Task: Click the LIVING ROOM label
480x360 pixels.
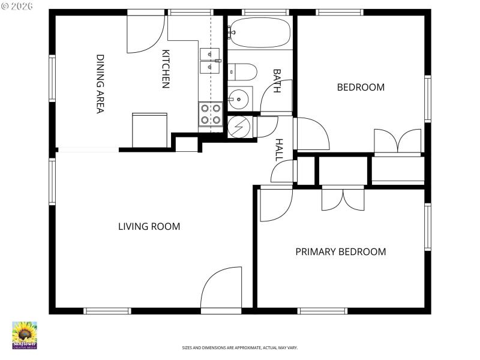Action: point(149,227)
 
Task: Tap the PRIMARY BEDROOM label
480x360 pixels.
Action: point(340,252)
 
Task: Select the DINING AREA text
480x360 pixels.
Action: point(101,83)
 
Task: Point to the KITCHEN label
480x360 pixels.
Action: point(166,69)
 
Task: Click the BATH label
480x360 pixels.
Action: point(277,80)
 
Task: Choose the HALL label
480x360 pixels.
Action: point(279,149)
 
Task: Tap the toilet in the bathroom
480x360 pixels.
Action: point(244,72)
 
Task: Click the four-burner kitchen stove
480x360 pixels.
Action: point(210,114)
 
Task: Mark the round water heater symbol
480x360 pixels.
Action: point(239,127)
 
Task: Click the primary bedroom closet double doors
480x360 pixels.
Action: point(343,199)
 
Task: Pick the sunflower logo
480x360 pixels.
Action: point(25,335)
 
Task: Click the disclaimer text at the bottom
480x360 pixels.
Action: point(240,348)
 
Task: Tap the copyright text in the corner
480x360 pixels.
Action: point(17,5)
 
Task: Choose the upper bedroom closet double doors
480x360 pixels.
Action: point(397,142)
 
